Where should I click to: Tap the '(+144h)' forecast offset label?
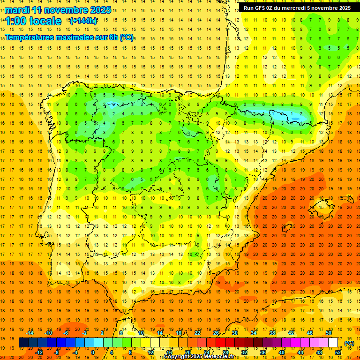[83, 21]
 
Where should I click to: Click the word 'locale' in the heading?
[45, 21]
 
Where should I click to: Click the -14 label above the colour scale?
[30, 333]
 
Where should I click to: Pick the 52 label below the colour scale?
[338, 352]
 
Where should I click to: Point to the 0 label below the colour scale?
[93, 352]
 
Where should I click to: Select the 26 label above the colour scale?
[216, 333]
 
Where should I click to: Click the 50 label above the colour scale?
[329, 333]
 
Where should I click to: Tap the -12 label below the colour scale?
[39, 352]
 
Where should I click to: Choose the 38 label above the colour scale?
[272, 333]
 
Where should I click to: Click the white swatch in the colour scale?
[333, 343]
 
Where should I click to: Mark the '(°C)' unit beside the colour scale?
[349, 343]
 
